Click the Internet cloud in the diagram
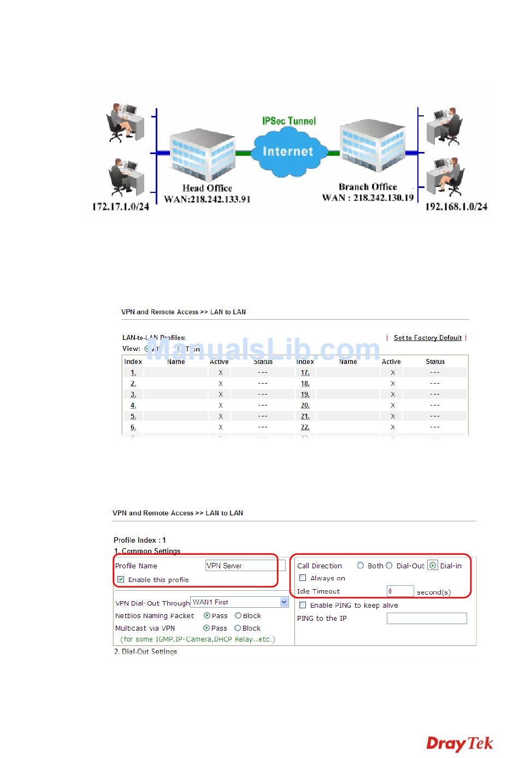coord(288,151)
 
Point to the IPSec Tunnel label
coord(289,121)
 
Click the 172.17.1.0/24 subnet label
coord(120,207)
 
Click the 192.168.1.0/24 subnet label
coord(456,207)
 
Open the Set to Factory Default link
coord(428,338)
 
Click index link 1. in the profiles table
coord(133,373)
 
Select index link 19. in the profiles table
coord(305,395)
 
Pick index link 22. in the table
coord(305,427)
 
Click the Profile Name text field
coord(241,566)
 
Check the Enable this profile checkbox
coord(121,579)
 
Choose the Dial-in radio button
coord(433,566)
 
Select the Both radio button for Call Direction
coord(361,566)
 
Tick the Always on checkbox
coord(303,578)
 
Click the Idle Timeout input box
coord(400,591)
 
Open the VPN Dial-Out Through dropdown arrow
coord(284,602)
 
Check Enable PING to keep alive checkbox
coord(303,605)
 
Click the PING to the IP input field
coord(427,618)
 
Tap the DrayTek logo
coord(459,744)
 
